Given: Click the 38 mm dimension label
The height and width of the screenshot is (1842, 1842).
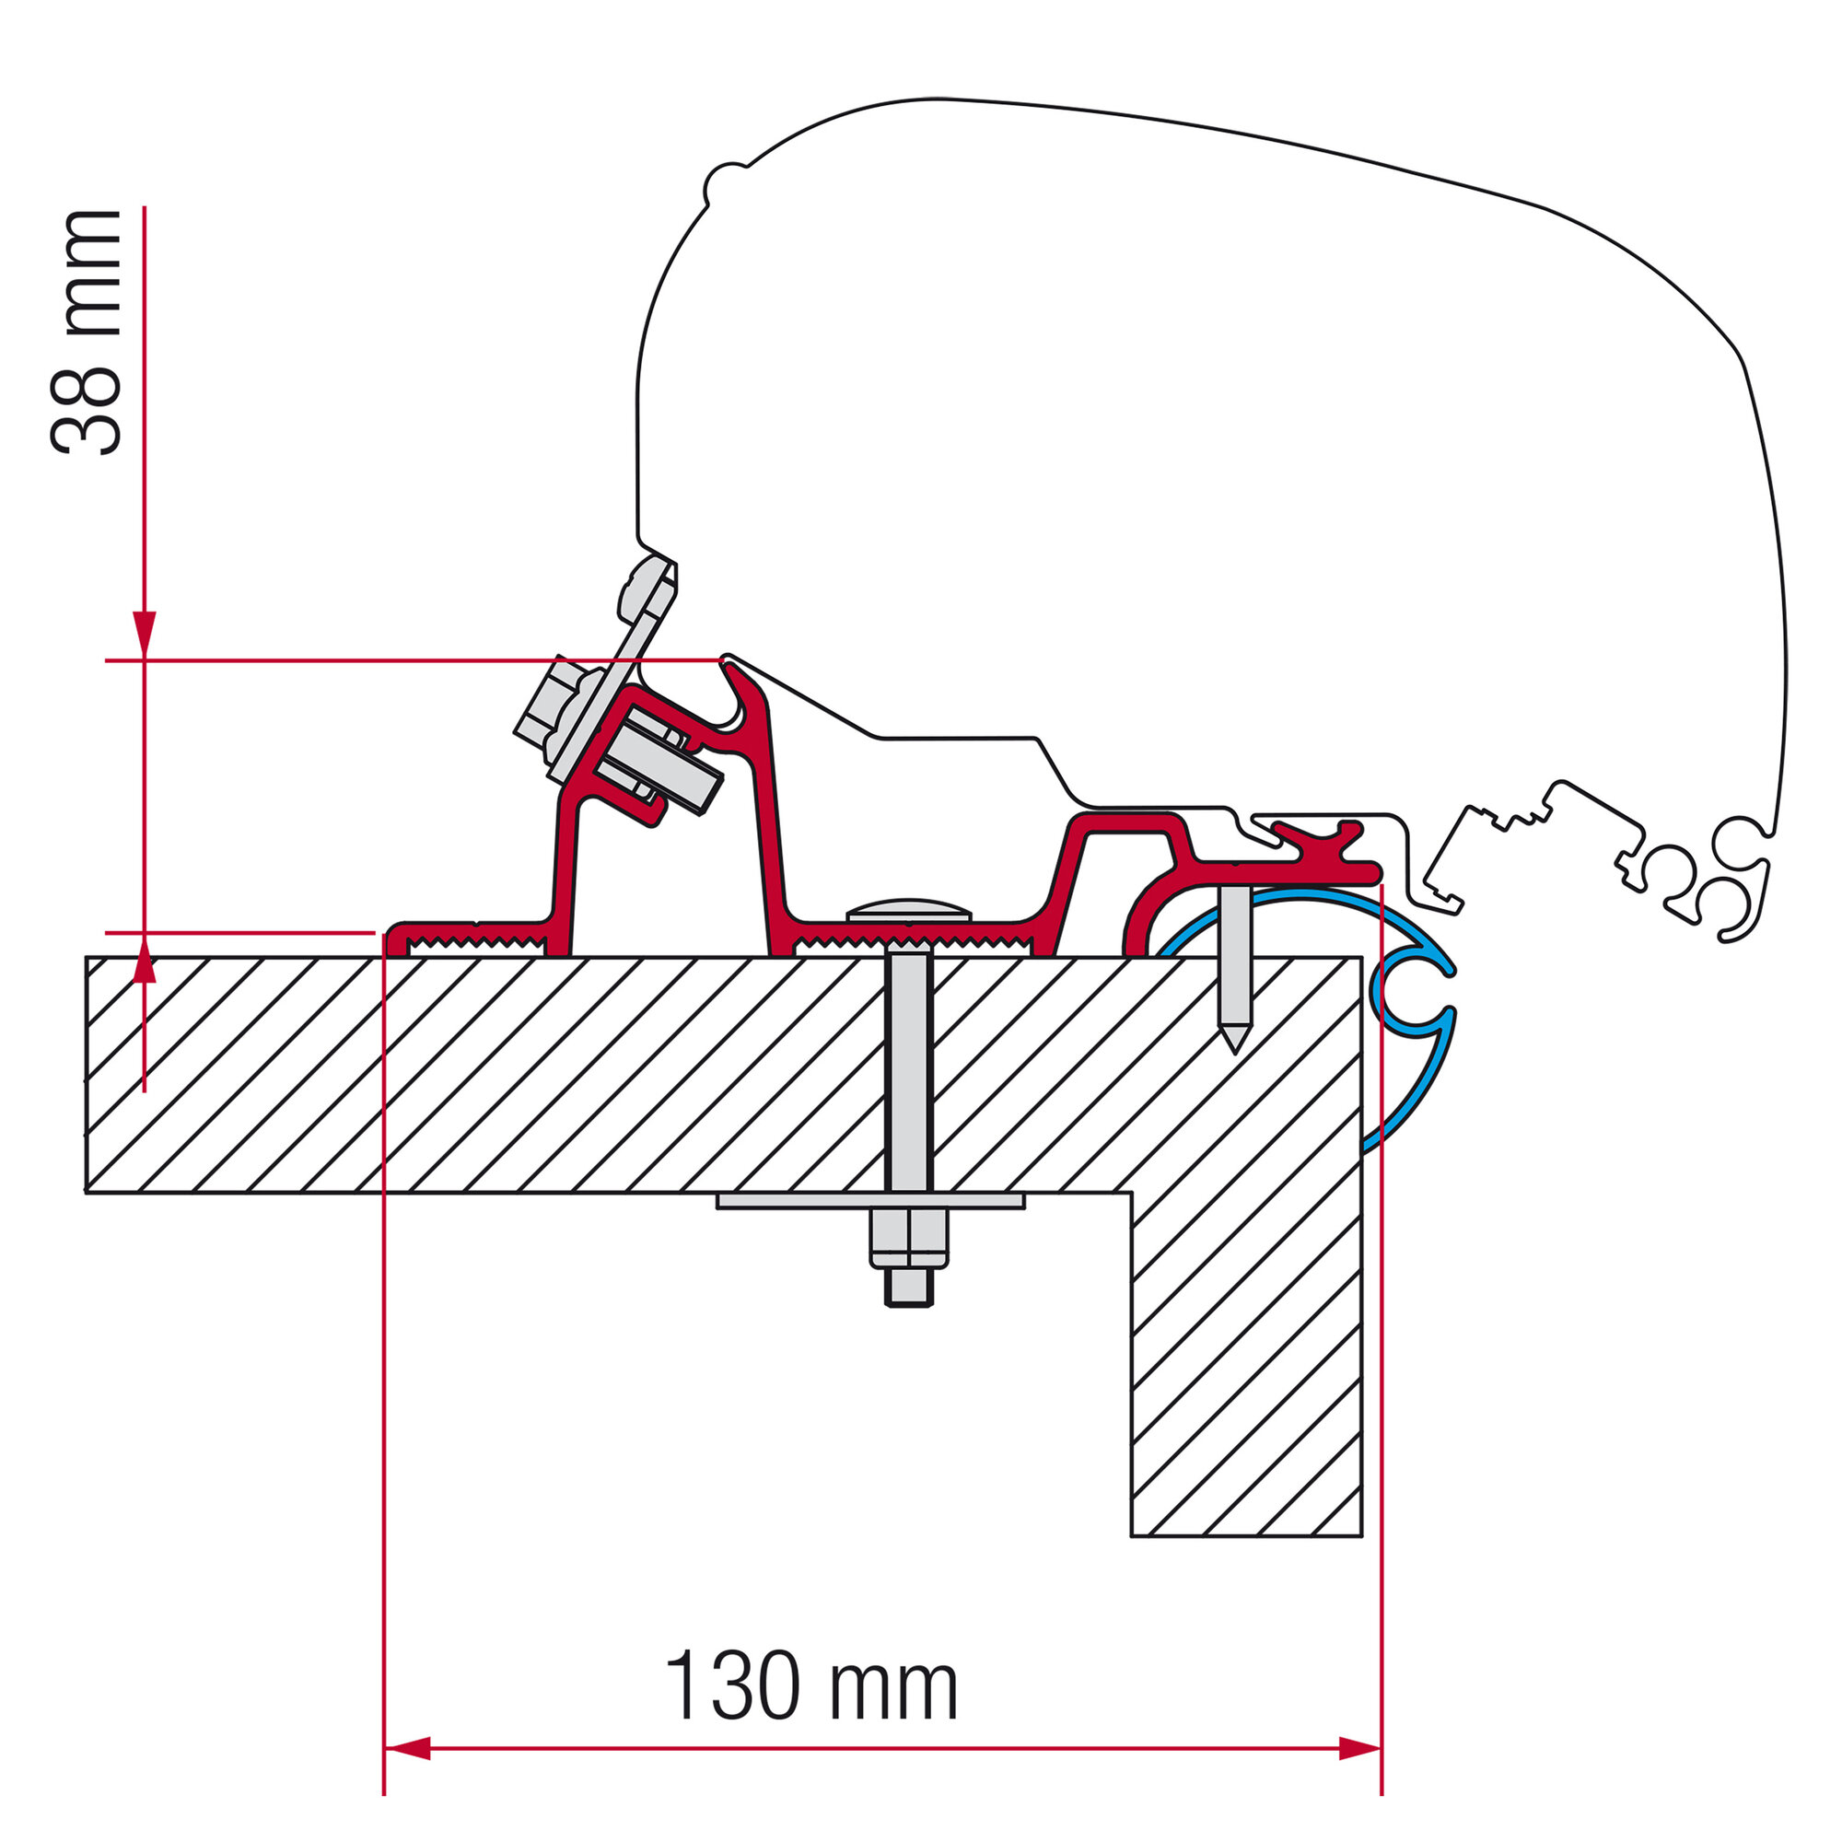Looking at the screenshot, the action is pyautogui.click(x=86, y=331).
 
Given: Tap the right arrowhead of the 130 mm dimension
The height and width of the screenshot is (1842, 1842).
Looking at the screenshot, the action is pyautogui.click(x=1359, y=1749).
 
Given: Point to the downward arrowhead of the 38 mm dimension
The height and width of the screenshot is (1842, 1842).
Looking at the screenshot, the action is pyautogui.click(x=144, y=635).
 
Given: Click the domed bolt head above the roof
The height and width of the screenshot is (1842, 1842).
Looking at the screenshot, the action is pyautogui.click(x=909, y=910).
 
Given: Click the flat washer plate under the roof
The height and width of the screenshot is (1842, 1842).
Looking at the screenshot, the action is pyautogui.click(x=870, y=1200).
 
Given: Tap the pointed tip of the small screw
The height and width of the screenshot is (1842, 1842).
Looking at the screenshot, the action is pyautogui.click(x=1235, y=1053).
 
